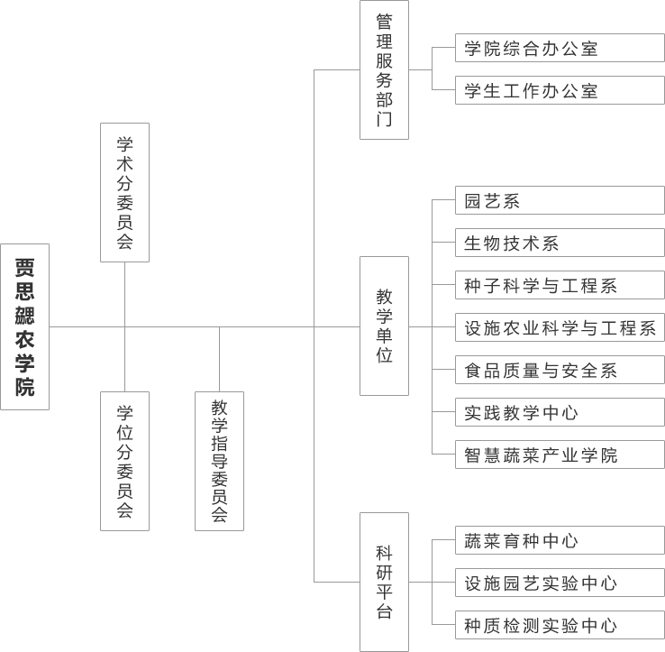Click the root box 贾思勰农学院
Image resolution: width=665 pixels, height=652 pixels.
pos(24,326)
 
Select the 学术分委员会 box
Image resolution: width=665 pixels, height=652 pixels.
pos(124,192)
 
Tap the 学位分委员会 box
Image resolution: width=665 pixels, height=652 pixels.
pos(124,461)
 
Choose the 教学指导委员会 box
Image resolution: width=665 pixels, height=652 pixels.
pos(220,461)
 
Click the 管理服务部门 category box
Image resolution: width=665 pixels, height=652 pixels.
pos(384,70)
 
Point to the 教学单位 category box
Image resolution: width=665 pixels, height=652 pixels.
pos(384,326)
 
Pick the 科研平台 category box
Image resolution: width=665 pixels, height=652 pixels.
pos(384,582)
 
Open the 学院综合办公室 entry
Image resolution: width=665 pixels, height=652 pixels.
pos(560,49)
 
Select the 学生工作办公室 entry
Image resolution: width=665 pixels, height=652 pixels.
pos(560,91)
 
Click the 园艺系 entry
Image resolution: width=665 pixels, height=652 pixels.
pos(560,201)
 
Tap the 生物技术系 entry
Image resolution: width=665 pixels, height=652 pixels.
pos(560,243)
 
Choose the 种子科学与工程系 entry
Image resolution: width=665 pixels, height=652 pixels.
pos(560,286)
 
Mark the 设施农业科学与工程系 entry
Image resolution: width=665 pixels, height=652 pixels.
pos(560,328)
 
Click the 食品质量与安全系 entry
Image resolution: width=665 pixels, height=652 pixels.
pos(560,371)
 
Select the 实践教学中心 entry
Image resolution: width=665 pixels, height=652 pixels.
pos(560,413)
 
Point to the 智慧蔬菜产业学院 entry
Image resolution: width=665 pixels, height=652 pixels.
pos(560,455)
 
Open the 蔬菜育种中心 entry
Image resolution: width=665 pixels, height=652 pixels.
pos(560,541)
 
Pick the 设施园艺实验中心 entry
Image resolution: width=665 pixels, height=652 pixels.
pos(560,583)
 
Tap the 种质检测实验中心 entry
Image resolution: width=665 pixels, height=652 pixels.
pos(560,626)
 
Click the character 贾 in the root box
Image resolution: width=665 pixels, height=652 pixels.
pos(24,268)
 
